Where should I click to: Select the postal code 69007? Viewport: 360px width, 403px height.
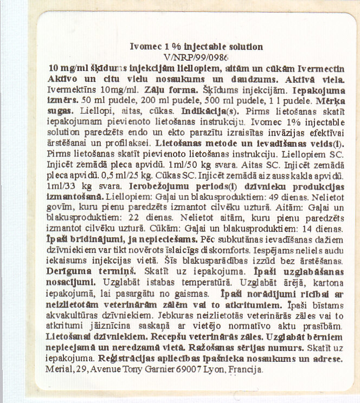(x=181, y=370)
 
